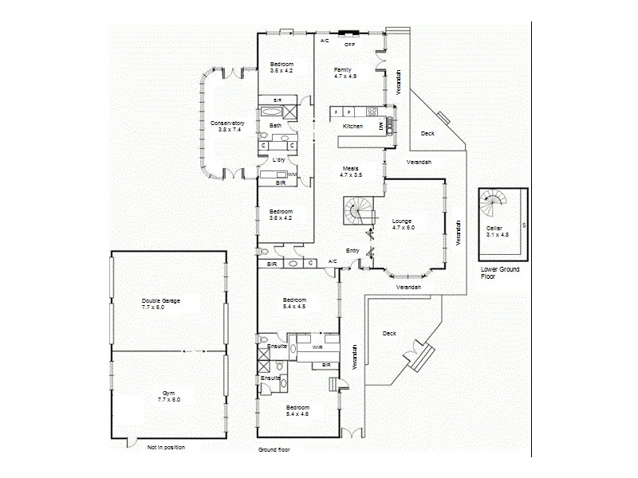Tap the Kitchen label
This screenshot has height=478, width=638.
352,126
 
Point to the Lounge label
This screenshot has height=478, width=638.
403,221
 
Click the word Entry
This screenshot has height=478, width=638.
352,250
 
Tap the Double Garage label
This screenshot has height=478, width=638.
160,300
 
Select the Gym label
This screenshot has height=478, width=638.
168,393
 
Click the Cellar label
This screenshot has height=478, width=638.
494,229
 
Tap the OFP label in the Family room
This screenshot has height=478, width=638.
349,45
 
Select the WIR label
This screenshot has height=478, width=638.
316,347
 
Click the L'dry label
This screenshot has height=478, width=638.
279,160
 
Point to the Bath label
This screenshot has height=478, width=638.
275,125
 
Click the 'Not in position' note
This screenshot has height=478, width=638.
166,448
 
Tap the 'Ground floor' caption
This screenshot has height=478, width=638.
274,449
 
